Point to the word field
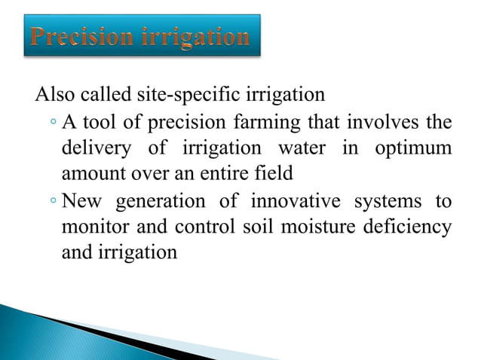274,173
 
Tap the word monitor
93,227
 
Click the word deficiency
407,227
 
